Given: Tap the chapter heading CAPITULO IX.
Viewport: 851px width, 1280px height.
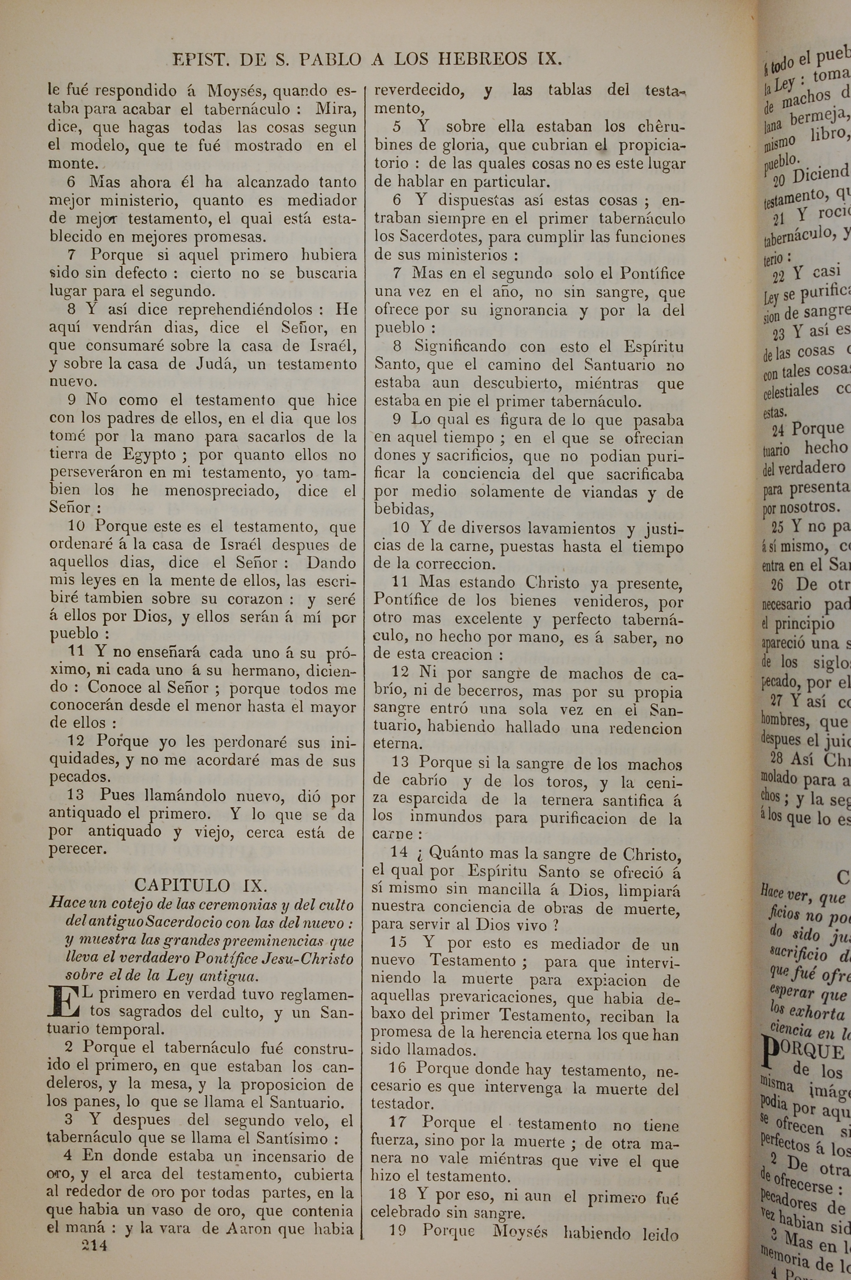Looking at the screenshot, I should (200, 885).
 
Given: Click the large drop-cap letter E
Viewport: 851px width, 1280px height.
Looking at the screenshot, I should (61, 1002).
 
